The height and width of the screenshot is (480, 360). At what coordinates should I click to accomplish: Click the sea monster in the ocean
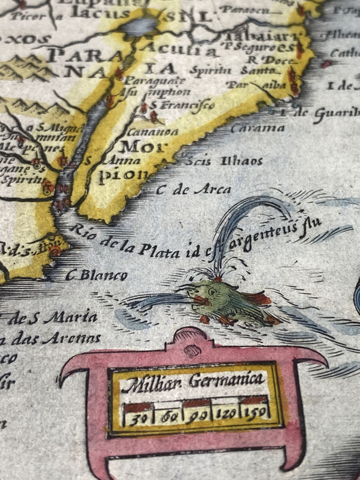click(223, 297)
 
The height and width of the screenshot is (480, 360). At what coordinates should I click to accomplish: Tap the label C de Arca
click(194, 190)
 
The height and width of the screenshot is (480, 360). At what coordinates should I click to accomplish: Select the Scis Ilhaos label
click(223, 161)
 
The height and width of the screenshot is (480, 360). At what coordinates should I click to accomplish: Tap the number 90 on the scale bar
click(195, 414)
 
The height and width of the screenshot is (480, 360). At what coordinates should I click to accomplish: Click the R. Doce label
click(258, 59)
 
